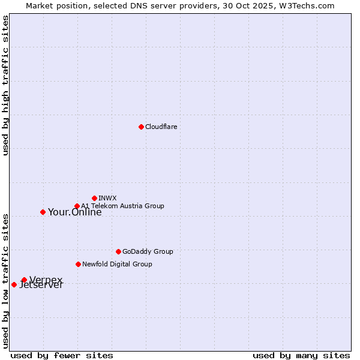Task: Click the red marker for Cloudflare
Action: tap(141, 127)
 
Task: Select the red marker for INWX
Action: tap(94, 198)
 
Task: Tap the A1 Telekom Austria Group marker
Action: tap(77, 206)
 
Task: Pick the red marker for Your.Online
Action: tap(43, 212)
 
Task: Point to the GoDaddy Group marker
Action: tap(118, 251)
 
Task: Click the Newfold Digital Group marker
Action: tap(78, 264)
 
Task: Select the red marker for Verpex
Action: tap(24, 280)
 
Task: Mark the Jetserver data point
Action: tap(14, 284)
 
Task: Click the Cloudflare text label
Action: tap(161, 127)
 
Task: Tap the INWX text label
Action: tap(107, 198)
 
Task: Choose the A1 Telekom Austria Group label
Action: tap(122, 206)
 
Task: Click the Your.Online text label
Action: tap(74, 212)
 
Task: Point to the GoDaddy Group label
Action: tap(148, 251)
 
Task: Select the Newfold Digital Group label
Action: tap(117, 264)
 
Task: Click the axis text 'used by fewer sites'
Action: tap(62, 355)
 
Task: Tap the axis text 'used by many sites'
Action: tap(301, 355)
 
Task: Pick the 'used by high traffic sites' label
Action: tap(5, 85)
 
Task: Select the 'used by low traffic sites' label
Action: tap(5, 280)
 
